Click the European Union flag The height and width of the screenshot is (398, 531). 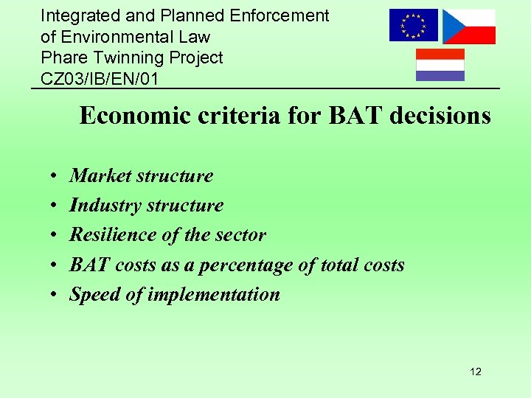pyautogui.click(x=413, y=26)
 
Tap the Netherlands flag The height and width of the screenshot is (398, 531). pyautogui.click(x=440, y=65)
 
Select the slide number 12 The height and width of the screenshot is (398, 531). pyautogui.click(x=475, y=371)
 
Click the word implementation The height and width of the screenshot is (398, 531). pyautogui.click(x=214, y=295)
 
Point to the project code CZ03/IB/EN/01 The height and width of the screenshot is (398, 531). pyautogui.click(x=100, y=78)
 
